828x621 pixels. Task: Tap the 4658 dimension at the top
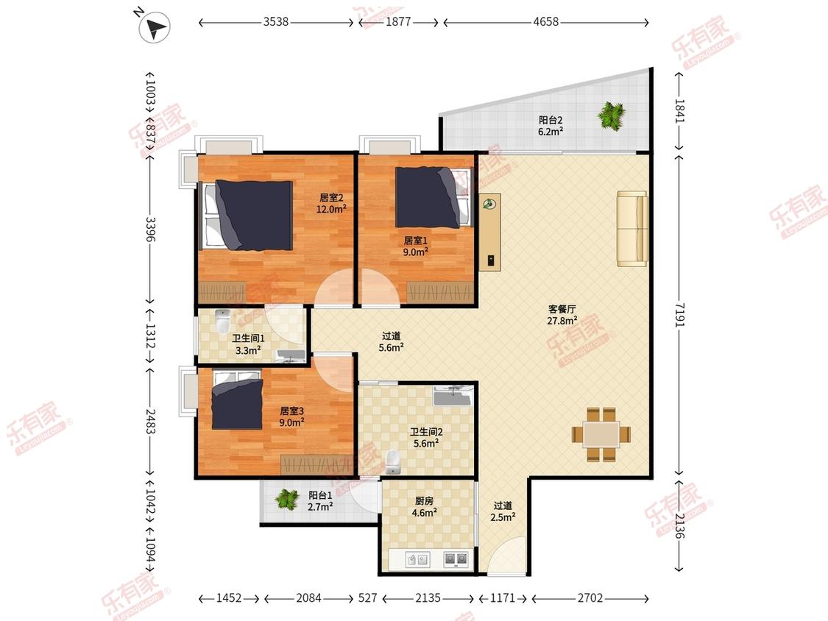[545, 21]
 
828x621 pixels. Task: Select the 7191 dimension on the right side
[679, 315]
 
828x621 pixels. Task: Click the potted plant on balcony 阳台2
[612, 115]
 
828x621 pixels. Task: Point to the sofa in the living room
[632, 228]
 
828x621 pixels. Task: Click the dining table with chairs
[601, 434]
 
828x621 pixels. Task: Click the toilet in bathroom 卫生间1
[223, 322]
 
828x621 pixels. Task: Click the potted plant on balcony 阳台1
[287, 498]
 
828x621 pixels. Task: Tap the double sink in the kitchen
[417, 559]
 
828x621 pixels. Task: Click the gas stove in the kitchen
[455, 559]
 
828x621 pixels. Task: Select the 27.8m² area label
[562, 321]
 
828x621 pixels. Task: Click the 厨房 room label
[424, 500]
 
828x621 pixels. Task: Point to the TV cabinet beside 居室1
[490, 233]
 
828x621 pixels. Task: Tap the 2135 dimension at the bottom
[428, 597]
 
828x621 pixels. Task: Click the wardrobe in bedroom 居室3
[316, 464]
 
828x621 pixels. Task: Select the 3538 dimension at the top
[276, 21]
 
